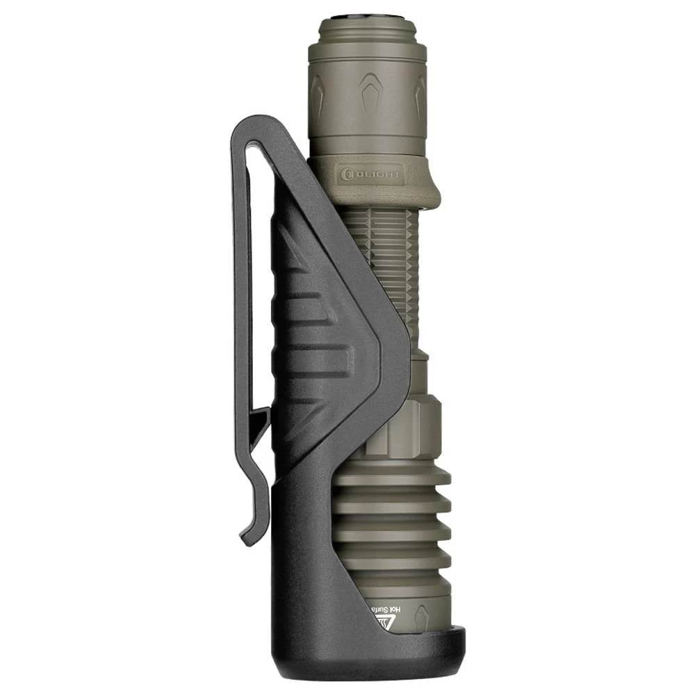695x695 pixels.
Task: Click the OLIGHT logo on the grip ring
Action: (x=373, y=172)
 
